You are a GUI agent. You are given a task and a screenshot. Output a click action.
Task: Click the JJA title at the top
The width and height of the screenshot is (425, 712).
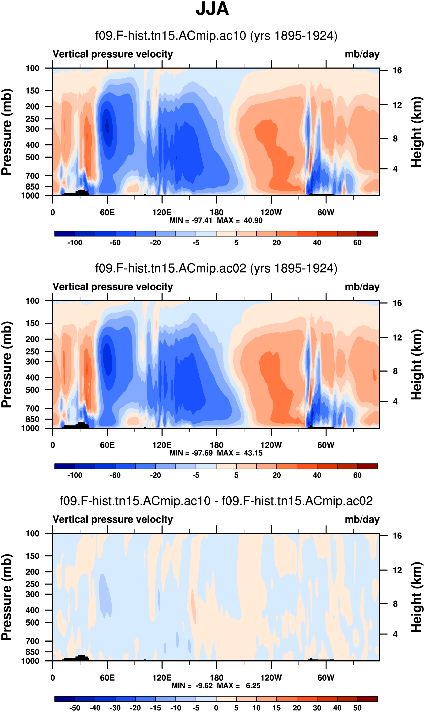coord(212,9)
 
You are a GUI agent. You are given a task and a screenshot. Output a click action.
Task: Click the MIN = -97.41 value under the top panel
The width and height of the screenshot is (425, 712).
coord(191,220)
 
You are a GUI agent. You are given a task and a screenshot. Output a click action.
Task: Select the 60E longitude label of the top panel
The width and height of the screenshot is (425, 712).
coord(107,213)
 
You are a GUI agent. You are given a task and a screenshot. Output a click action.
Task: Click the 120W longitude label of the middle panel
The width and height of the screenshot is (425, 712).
coord(271,445)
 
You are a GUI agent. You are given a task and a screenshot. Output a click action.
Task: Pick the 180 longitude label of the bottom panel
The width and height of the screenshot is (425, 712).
coord(217,678)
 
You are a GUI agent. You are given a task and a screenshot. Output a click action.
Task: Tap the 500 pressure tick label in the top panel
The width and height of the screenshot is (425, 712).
coord(32,157)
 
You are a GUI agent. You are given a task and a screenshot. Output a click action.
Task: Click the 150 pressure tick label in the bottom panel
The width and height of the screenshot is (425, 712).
coord(32,556)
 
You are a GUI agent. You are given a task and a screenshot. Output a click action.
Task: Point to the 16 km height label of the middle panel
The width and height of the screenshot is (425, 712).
coord(397,303)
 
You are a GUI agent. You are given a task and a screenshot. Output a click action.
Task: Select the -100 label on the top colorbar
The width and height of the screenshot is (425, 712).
coord(75,243)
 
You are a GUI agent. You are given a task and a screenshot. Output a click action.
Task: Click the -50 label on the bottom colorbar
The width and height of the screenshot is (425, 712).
coord(75,708)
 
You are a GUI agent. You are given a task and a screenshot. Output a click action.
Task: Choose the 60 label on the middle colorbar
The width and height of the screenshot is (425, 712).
coord(357,475)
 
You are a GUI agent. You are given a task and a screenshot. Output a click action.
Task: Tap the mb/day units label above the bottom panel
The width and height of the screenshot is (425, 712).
coord(362,519)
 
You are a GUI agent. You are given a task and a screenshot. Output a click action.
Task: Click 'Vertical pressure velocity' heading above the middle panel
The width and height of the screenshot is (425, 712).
coord(113,287)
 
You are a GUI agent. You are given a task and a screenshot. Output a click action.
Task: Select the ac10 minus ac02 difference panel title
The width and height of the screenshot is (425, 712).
coord(216,501)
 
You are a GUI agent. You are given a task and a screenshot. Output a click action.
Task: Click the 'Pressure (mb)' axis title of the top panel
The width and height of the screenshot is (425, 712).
coord(6,132)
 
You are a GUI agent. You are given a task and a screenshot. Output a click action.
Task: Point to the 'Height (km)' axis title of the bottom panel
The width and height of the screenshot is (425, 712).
coord(417,597)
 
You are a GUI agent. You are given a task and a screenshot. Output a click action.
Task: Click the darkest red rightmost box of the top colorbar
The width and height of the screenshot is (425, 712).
coord(367,234)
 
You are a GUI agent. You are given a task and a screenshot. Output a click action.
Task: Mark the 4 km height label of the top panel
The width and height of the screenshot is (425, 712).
coord(395,169)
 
